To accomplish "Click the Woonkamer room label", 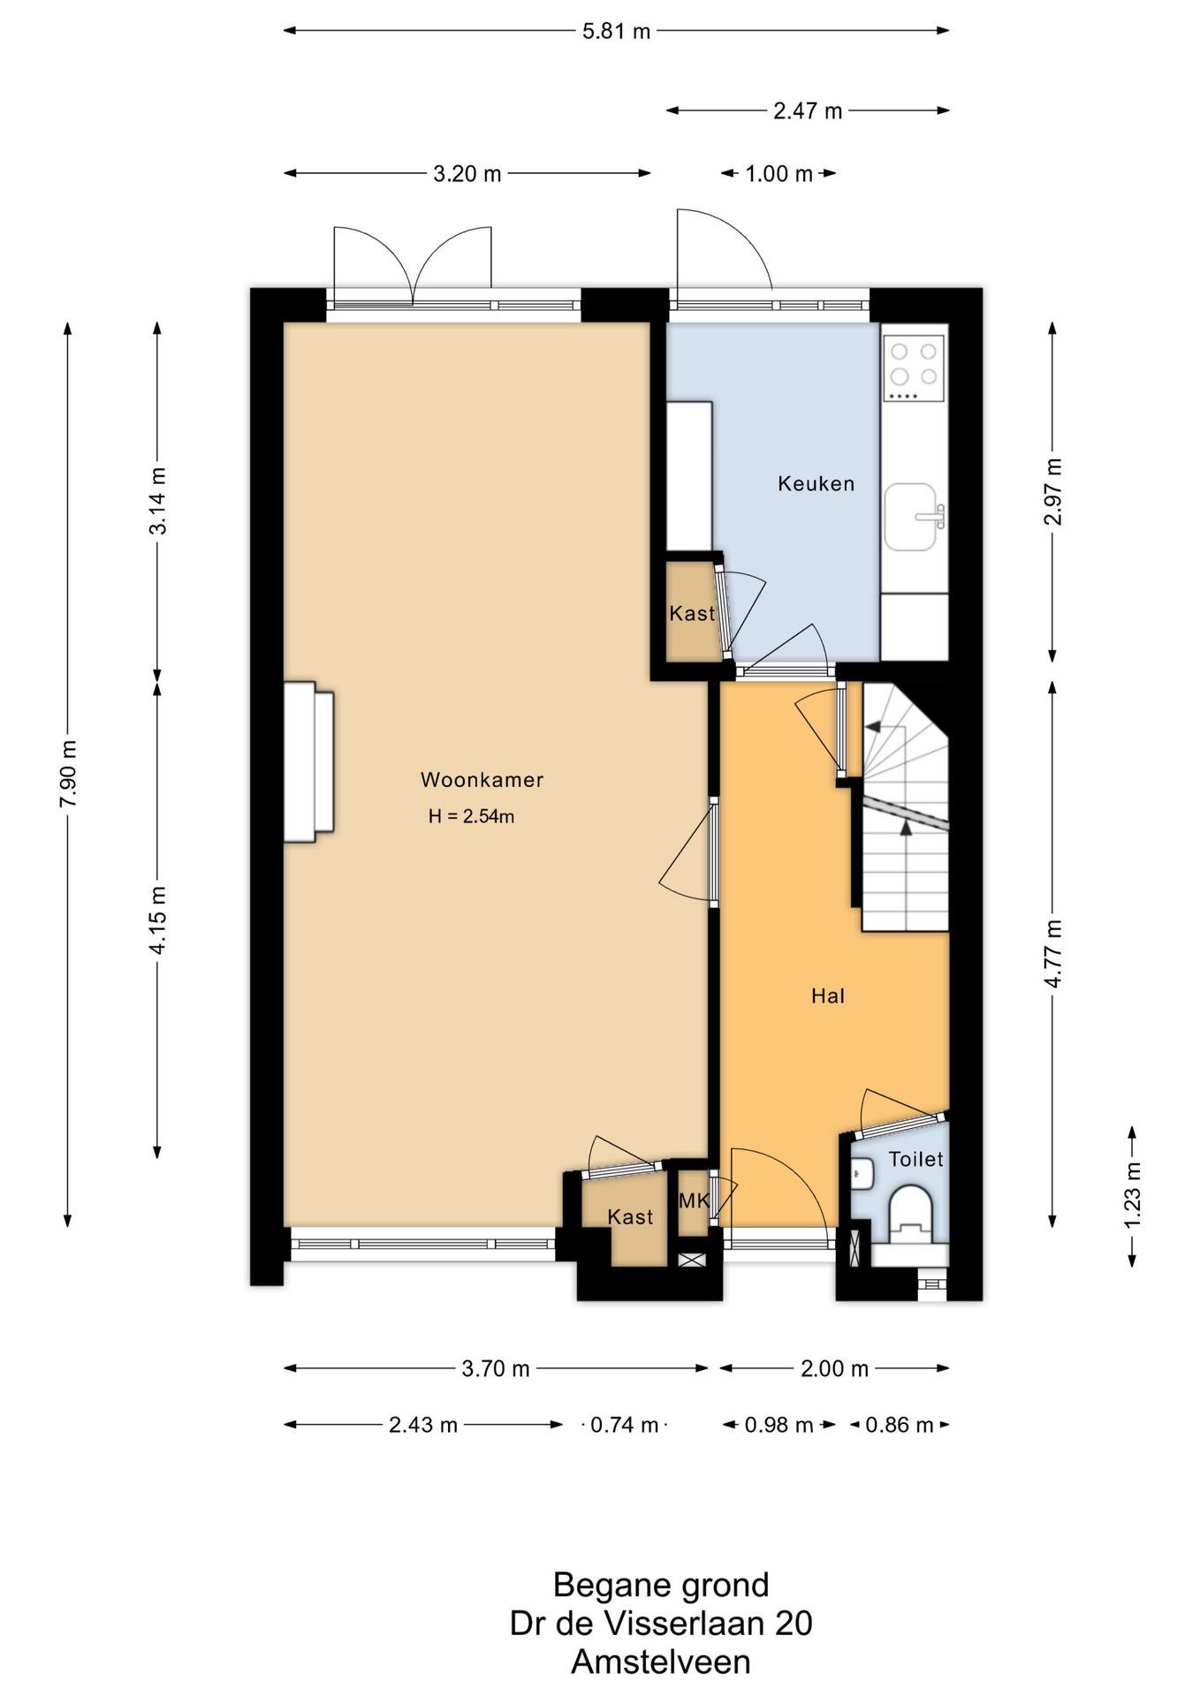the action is tap(482, 780).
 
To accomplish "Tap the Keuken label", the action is tap(816, 483).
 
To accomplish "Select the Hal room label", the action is tap(828, 996).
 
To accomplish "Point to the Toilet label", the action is tap(915, 1159).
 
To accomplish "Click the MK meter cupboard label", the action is tap(695, 1200).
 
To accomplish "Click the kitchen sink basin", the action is tap(910, 517).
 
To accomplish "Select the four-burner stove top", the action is tap(914, 367).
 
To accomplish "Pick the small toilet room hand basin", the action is tap(862, 1172).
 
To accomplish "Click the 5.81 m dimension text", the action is tap(616, 32).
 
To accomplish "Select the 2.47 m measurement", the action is tap(808, 111).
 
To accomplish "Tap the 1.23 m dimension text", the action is tap(1132, 1194).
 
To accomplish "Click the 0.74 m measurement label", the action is tap(624, 1425).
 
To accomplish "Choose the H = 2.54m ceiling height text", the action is tap(471, 817).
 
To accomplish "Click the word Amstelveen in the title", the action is tap(661, 1662).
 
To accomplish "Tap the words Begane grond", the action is tap(661, 1586).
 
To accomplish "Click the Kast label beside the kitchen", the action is tap(692, 613).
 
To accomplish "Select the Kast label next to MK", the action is tap(630, 1217).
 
